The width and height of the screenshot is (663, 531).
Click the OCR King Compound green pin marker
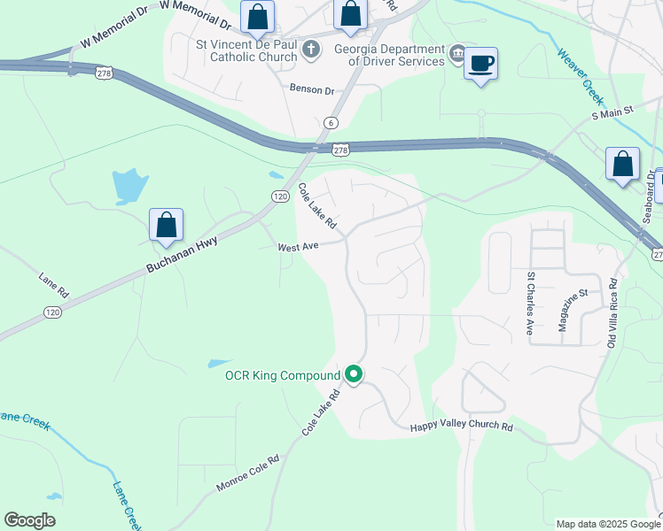point(354,375)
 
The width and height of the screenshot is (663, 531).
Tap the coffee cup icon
point(480,65)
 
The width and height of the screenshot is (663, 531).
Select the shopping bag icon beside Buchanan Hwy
point(167,227)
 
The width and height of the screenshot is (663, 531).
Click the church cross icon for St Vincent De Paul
point(311,49)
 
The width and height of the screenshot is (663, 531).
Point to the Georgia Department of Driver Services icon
point(456,54)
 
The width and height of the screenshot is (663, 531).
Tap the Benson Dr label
point(312,89)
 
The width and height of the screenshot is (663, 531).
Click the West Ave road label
point(298,248)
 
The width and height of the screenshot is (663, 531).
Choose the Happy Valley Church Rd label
point(461,427)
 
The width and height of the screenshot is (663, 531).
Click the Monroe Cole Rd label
point(248,474)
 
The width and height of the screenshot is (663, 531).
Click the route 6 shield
point(331,123)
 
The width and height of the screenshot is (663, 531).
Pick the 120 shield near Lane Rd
point(52,312)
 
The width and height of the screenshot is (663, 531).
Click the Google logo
point(30,520)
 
